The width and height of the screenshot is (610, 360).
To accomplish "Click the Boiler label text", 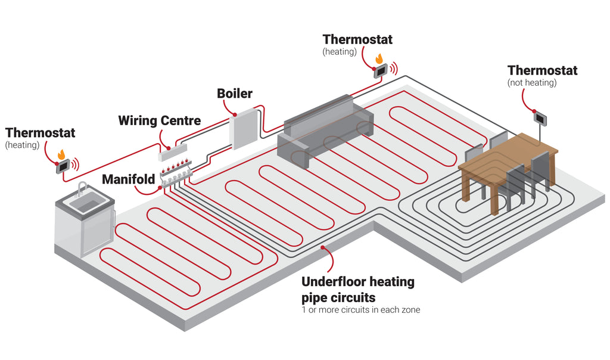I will click(234, 94).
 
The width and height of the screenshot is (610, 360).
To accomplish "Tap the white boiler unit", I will click(244, 129).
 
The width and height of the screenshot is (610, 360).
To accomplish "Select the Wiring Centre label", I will click(159, 120).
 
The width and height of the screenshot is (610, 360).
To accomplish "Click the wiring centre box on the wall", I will click(173, 152).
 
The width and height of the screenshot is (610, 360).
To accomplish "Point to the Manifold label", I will click(128, 179).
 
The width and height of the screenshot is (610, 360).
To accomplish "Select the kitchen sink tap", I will click(82, 189).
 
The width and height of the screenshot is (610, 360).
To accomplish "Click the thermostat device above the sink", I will click(63, 167).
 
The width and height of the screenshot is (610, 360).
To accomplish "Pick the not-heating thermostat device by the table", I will click(541, 117).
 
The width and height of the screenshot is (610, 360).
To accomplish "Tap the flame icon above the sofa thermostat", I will click(379, 58).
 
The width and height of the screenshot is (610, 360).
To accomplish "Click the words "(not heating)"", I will click(532, 83).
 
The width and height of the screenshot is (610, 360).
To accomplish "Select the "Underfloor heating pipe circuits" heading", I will click(357, 289).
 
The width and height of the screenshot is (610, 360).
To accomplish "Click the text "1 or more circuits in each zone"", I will click(360, 310).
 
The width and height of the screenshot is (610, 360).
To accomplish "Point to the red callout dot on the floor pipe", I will click(322, 247).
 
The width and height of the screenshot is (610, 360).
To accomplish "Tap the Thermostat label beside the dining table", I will click(542, 70).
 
